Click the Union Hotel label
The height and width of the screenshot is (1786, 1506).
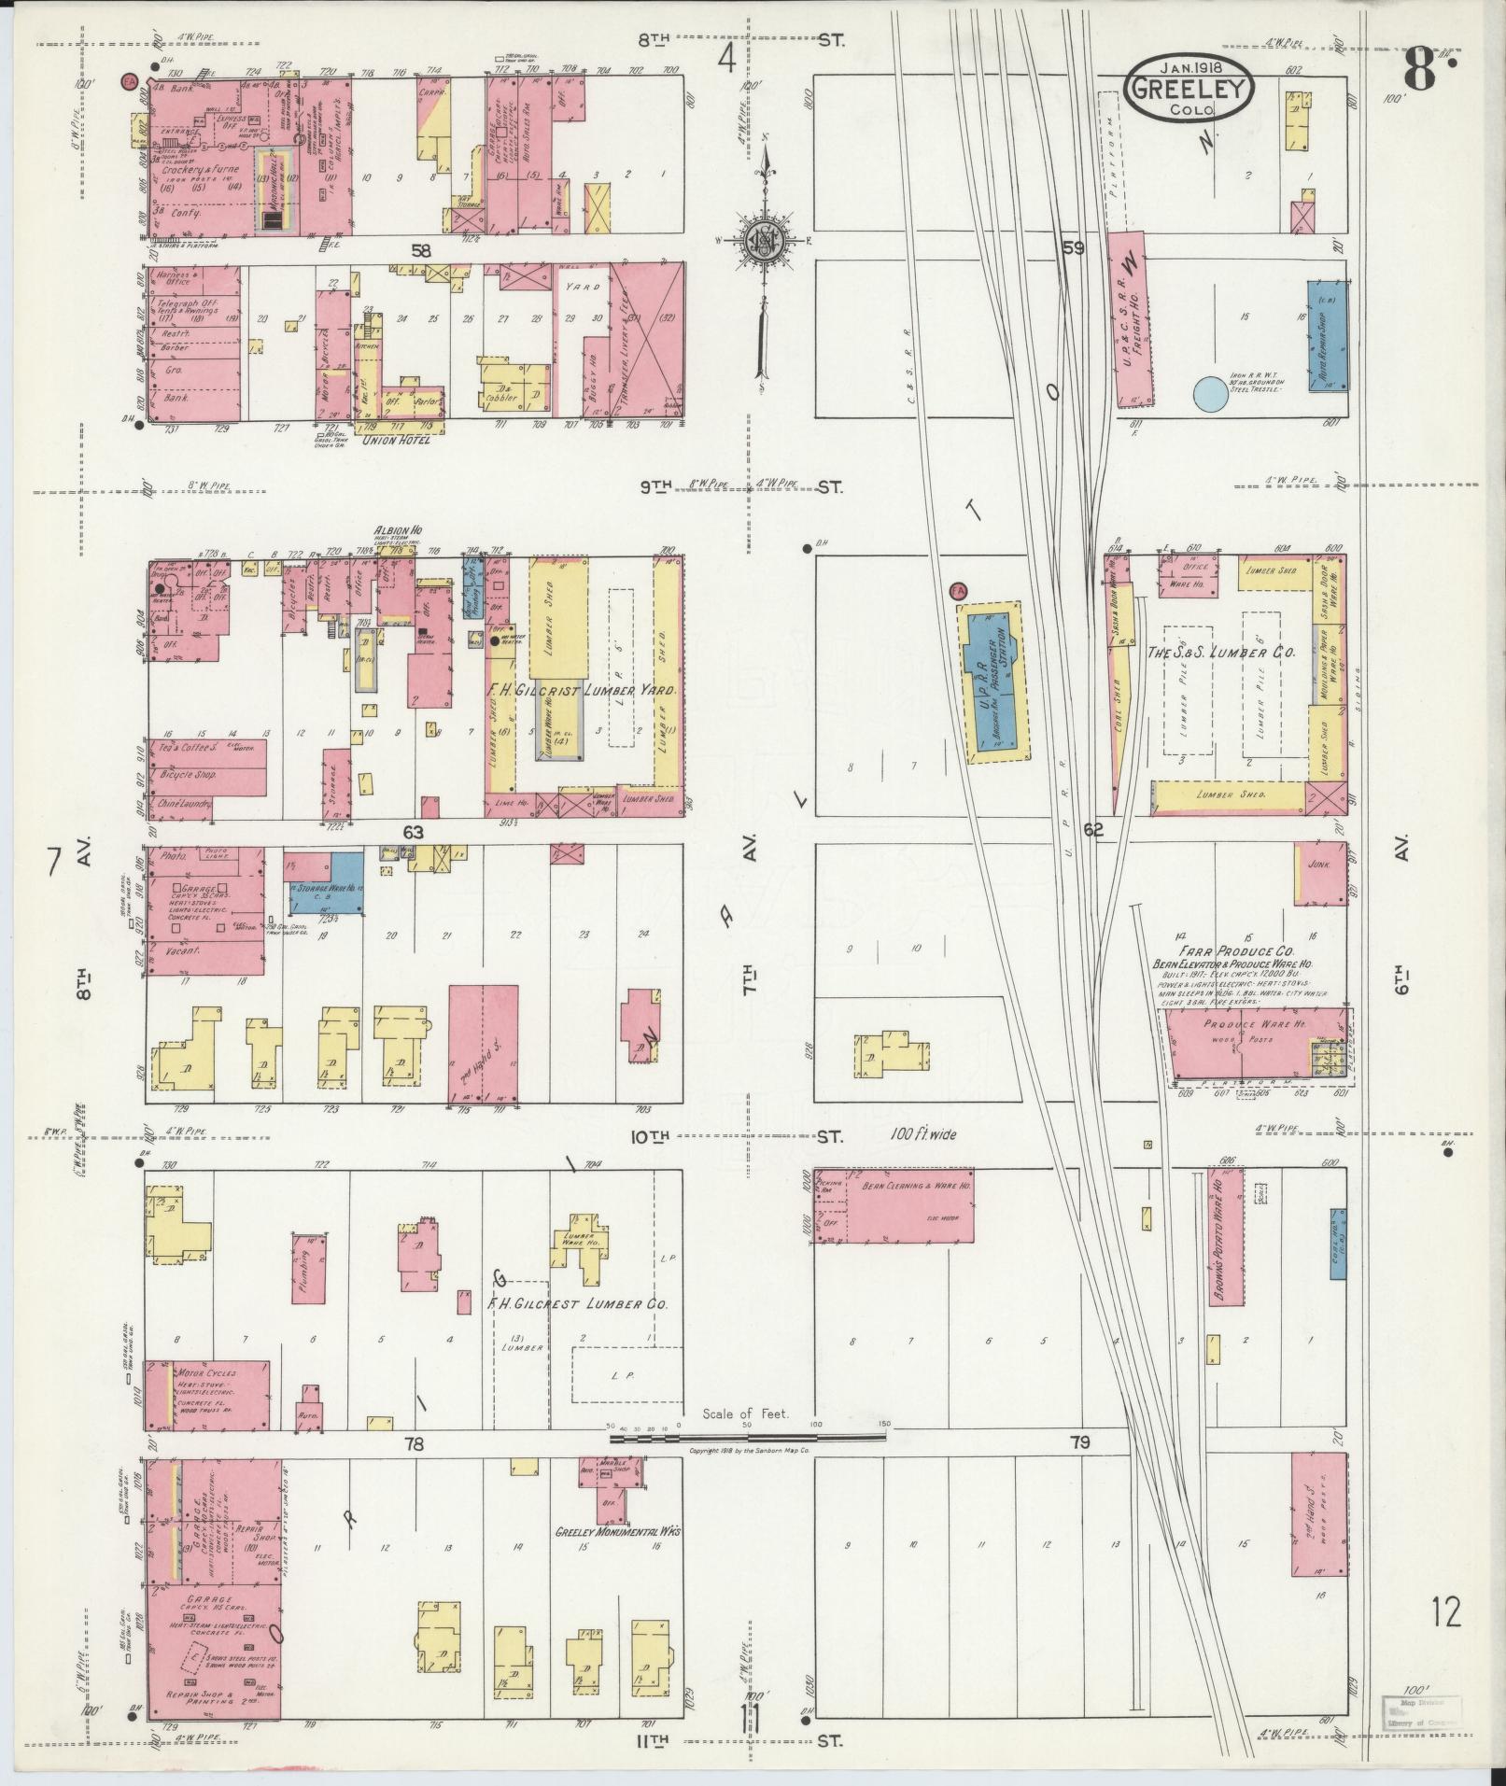click(x=400, y=440)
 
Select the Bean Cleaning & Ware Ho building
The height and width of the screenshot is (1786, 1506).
click(x=894, y=1204)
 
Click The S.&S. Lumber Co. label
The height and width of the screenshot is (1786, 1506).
click(x=1219, y=654)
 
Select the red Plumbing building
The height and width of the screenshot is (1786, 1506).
click(x=311, y=1268)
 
